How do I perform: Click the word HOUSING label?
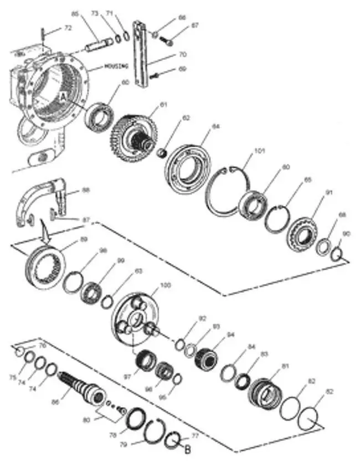(x=116, y=66)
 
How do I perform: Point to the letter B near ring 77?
(x=187, y=449)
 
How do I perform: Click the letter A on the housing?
(x=63, y=96)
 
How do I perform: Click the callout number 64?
(x=215, y=126)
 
